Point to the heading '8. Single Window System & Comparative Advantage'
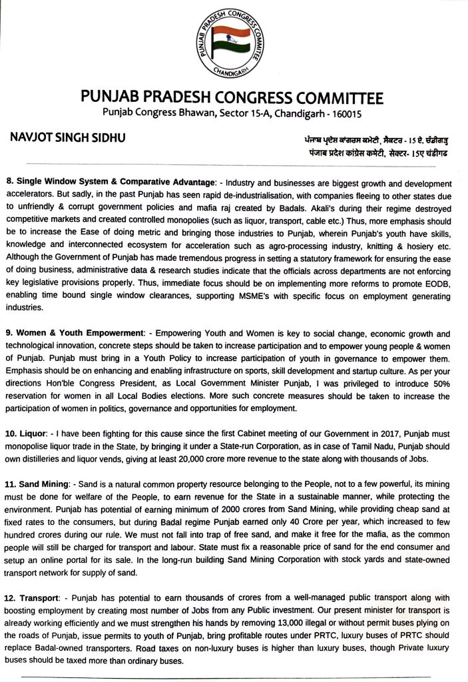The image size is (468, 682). (111, 182)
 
